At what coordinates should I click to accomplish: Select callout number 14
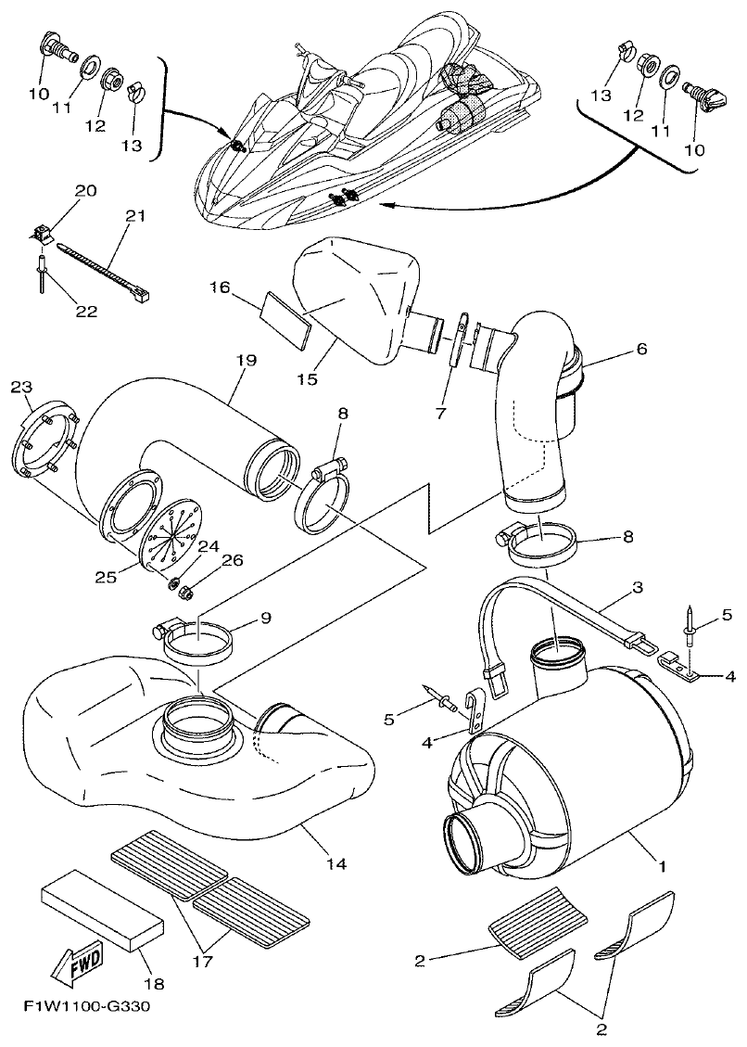pos(336,863)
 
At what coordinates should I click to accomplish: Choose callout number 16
pos(218,288)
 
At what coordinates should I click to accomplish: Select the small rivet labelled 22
pos(43,275)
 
